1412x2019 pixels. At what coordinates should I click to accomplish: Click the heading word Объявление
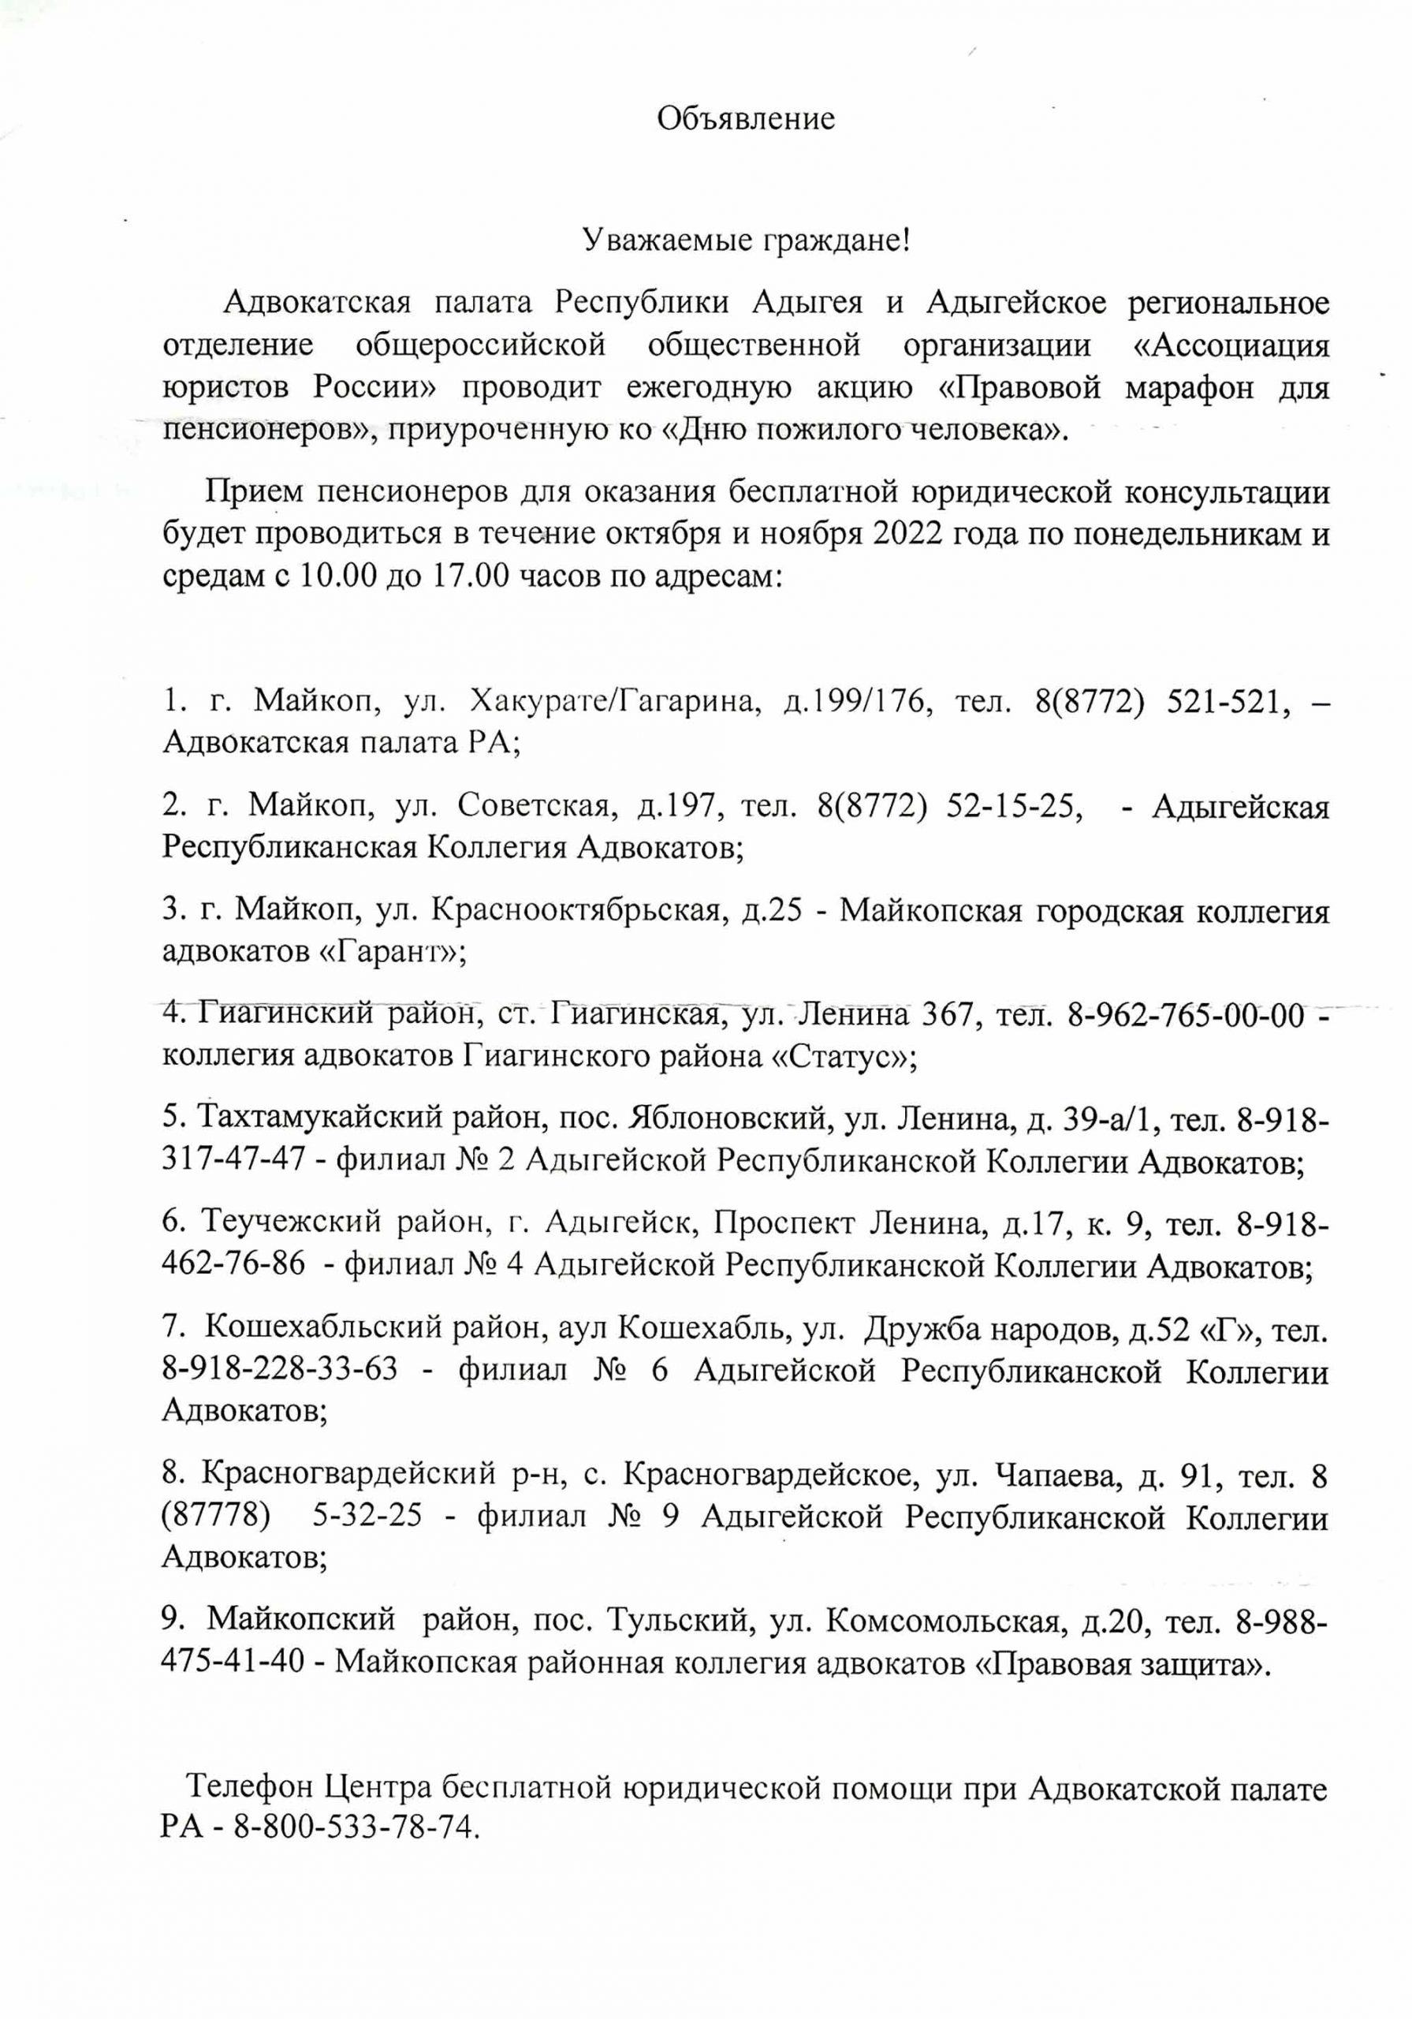click(746, 119)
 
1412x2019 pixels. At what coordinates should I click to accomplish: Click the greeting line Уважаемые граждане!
click(747, 239)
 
